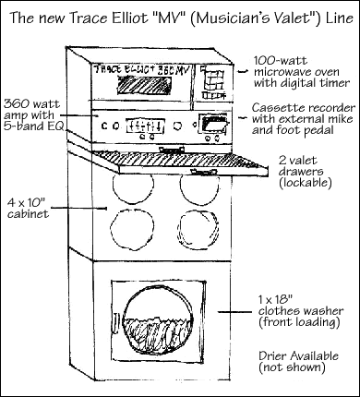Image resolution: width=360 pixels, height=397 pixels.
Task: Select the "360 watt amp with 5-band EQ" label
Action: pyautogui.click(x=33, y=115)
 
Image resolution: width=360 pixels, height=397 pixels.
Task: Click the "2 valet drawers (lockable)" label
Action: pyautogui.click(x=305, y=172)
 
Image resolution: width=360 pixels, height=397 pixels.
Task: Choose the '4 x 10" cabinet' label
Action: pyautogui.click(x=28, y=208)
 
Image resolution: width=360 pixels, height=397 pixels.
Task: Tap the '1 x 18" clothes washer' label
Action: pyautogui.click(x=301, y=311)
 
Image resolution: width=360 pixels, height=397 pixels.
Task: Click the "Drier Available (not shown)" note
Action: pyautogui.click(x=298, y=362)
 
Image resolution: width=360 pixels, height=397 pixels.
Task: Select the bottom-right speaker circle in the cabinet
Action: pyautogui.click(x=198, y=228)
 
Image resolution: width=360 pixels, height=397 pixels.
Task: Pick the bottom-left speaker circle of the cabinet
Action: pyautogui.click(x=131, y=228)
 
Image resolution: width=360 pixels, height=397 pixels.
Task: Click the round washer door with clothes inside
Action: pyautogui.click(x=158, y=320)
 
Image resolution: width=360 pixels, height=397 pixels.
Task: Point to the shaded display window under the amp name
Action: pyautogui.click(x=145, y=86)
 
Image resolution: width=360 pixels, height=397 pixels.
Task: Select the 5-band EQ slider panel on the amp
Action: pyautogui.click(x=146, y=126)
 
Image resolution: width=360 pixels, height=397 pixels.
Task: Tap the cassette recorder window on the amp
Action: pyautogui.click(x=213, y=125)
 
